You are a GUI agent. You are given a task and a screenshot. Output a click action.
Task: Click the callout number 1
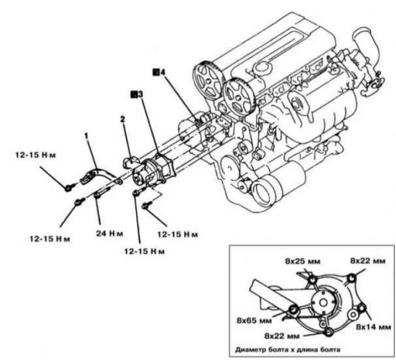[x=87, y=136]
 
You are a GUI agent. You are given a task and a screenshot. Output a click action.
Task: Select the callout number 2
[x=122, y=119]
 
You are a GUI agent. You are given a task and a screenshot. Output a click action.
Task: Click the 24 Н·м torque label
[x=109, y=233]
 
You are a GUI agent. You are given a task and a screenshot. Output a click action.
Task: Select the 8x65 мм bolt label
[x=254, y=320]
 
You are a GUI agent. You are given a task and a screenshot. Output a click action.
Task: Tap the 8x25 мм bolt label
[x=303, y=262]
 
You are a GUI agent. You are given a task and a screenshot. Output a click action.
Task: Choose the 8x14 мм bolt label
[x=373, y=327]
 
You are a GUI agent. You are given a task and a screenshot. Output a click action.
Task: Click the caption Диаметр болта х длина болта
[x=288, y=350]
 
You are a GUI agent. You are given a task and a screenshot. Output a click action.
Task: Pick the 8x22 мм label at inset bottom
[x=282, y=336]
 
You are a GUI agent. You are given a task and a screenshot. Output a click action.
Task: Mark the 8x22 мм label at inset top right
[x=368, y=261]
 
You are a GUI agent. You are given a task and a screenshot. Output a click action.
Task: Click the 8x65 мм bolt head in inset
[x=293, y=310]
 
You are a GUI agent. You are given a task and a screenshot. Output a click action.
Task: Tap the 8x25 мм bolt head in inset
[x=312, y=279]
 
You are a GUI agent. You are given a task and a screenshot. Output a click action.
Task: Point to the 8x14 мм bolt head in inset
[x=362, y=308]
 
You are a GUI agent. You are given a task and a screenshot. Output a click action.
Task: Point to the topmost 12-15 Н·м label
[x=35, y=155]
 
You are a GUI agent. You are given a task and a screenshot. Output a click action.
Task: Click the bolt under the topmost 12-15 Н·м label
[x=69, y=187]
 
